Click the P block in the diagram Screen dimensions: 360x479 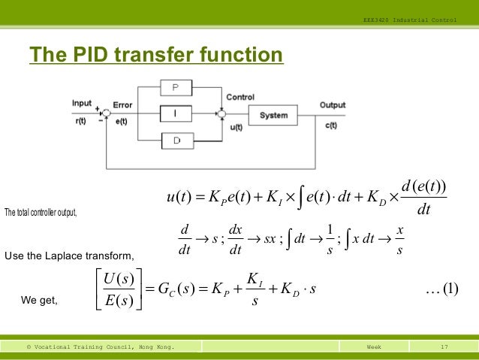point(175,88)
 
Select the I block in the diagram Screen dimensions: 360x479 point(175,114)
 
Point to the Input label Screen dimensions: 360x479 point(82,102)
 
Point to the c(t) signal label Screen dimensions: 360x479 point(331,125)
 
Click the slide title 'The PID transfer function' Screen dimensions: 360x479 point(155,56)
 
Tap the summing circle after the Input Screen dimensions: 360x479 point(106,114)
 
